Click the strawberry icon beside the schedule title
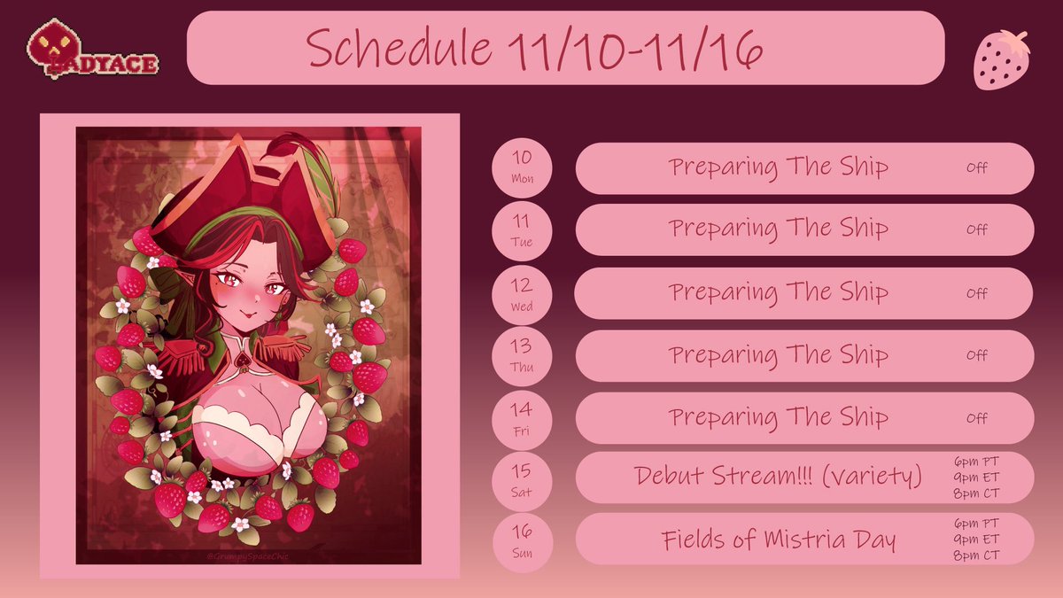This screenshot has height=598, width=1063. [1002, 58]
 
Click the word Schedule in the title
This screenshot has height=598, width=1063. [400, 50]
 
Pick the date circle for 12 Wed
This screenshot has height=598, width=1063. [522, 293]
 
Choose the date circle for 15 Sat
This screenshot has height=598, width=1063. [522, 478]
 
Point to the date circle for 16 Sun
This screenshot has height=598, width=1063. [522, 540]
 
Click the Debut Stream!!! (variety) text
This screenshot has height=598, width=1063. [779, 476]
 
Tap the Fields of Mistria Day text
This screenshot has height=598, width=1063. [779, 540]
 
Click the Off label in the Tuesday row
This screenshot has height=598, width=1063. [977, 229]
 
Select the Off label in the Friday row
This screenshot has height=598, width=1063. [977, 418]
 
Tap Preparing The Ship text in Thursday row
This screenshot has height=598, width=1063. [779, 355]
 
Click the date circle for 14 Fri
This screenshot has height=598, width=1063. [522, 417]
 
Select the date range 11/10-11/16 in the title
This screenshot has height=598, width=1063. [636, 50]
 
